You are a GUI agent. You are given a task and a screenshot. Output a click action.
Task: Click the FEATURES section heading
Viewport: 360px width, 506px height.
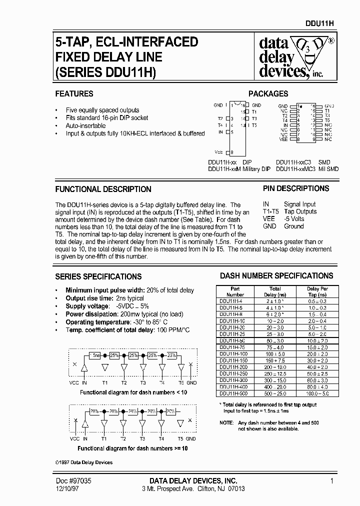coord(74,93)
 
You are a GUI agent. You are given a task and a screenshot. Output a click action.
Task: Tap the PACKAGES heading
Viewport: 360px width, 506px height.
coord(268,93)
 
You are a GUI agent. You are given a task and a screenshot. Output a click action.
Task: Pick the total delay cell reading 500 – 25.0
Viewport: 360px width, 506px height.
coord(275,393)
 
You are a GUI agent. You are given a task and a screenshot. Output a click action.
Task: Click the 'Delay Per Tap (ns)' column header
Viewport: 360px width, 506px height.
coord(317,291)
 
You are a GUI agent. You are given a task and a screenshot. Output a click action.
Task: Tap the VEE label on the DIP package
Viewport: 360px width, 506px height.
coord(218,151)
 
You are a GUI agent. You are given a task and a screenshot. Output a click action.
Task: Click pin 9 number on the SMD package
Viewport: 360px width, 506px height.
coord(313,140)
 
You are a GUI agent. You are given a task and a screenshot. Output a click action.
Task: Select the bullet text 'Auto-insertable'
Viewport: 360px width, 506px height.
coord(85,125)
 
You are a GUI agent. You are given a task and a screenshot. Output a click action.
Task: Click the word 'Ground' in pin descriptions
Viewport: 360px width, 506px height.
coord(294,226)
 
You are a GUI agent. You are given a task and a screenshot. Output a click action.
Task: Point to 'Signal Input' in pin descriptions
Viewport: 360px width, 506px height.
coord(300,204)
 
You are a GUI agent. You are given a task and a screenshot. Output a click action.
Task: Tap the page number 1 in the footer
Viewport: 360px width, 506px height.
coord(331,480)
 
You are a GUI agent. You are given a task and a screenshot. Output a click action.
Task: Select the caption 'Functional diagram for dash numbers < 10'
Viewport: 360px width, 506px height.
coord(133,392)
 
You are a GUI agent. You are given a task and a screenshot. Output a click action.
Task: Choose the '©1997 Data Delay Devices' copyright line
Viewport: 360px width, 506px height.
coord(83,462)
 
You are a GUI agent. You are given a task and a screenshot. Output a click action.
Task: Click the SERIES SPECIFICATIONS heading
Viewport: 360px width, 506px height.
coord(98,276)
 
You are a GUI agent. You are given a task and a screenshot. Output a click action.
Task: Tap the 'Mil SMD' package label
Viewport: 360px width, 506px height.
coord(328,169)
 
